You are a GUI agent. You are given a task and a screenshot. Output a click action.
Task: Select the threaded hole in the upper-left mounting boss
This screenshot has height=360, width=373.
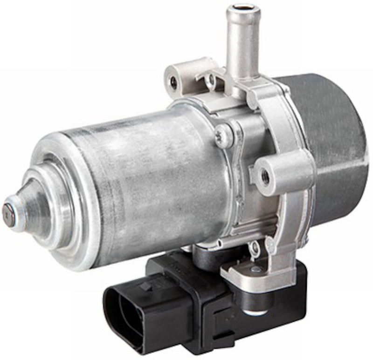click(x=174, y=82)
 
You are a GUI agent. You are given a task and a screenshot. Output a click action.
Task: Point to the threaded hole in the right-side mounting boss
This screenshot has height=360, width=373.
click(x=266, y=176)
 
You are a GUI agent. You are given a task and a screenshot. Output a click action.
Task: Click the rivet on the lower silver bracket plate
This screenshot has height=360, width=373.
click(x=256, y=269)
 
